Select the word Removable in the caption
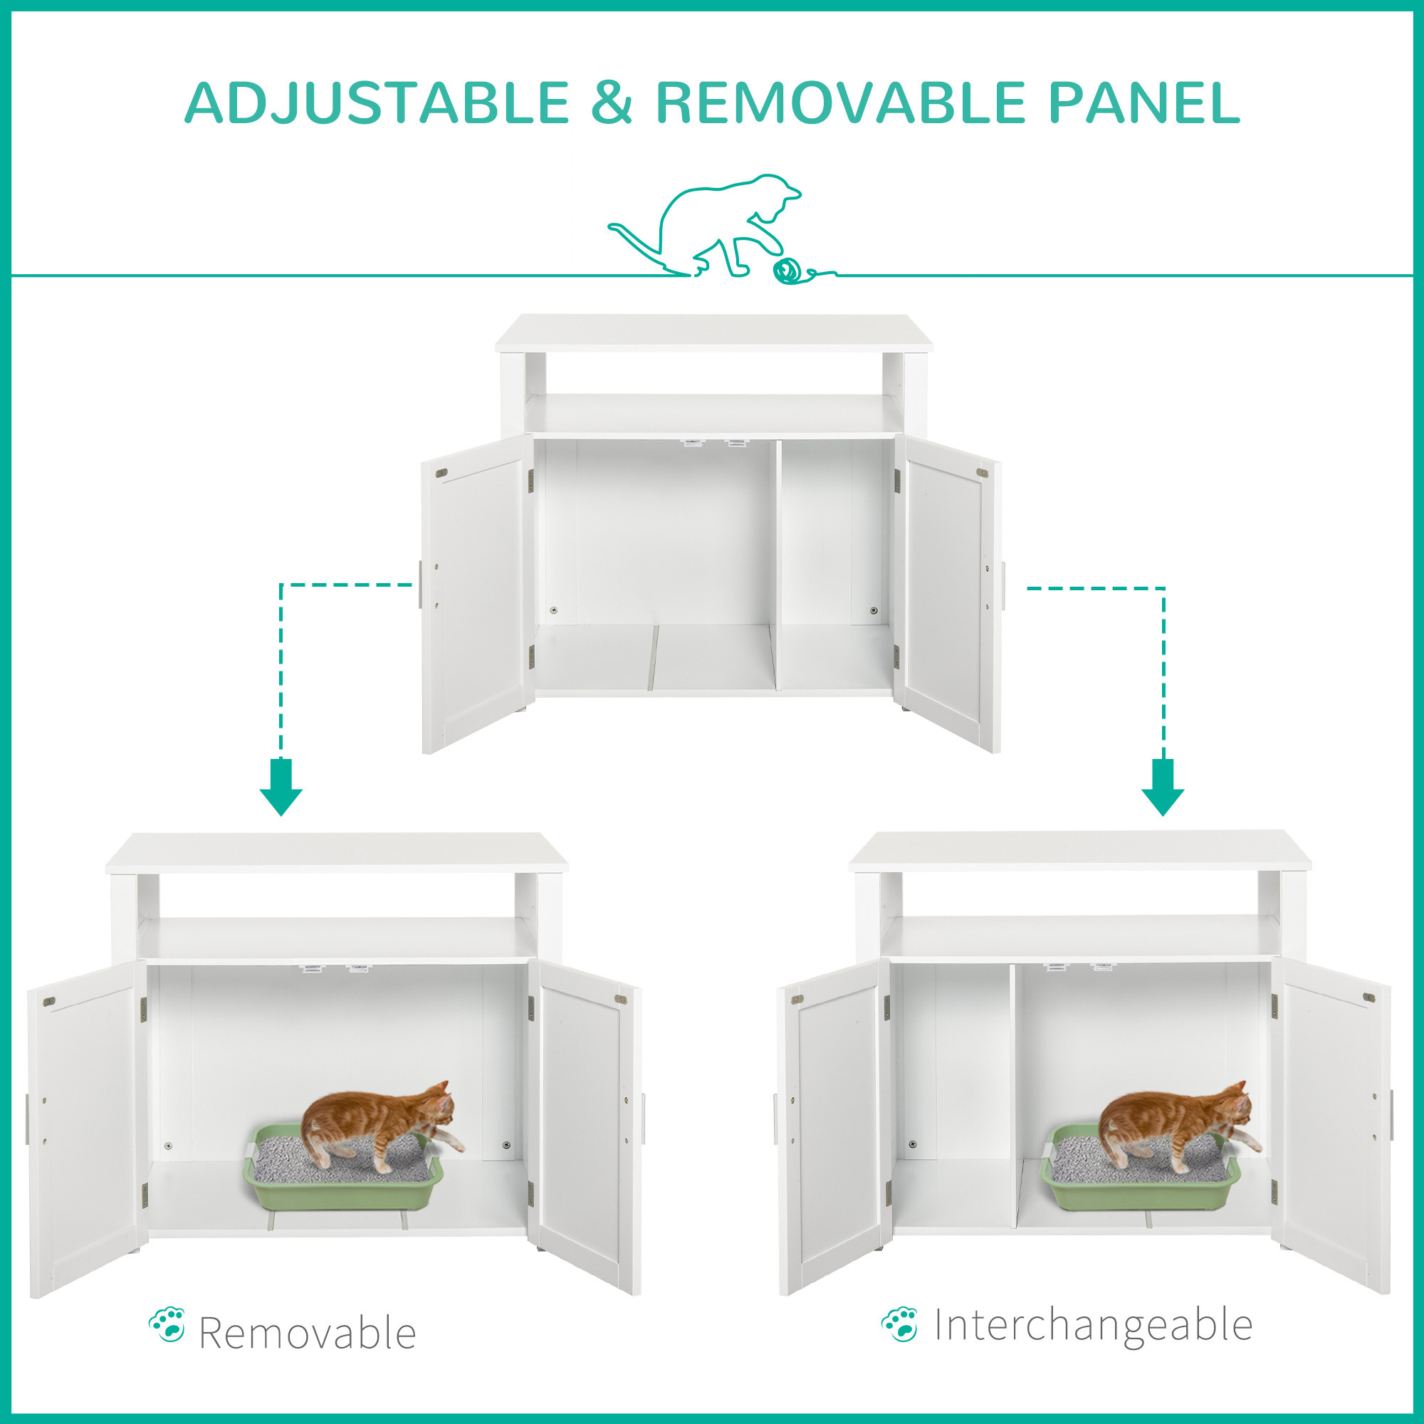coord(308,1334)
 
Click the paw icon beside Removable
coord(167,1324)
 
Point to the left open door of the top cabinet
coord(477,594)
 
